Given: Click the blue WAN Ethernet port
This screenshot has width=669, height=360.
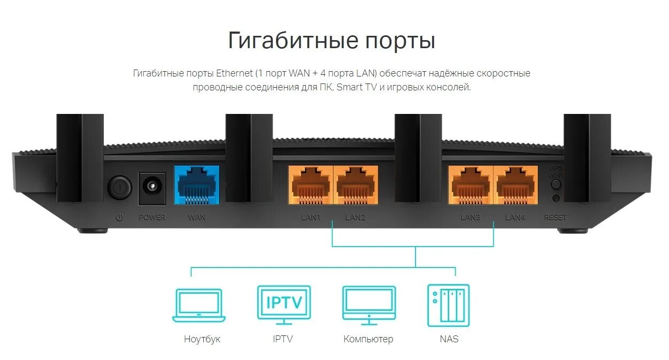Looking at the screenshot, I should pyautogui.click(x=196, y=185).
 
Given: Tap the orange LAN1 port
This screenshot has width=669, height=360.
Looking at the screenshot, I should pyautogui.click(x=311, y=185).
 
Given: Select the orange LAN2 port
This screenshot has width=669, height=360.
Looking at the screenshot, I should pyautogui.click(x=356, y=185).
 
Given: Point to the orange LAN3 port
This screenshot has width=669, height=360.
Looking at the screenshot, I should pyautogui.click(x=471, y=185).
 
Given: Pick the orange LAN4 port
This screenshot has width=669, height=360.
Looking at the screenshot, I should pyautogui.click(x=516, y=185).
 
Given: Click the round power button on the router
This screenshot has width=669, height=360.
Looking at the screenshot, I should pyautogui.click(x=119, y=187).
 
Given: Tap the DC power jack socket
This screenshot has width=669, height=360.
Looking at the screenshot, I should pyautogui.click(x=152, y=188).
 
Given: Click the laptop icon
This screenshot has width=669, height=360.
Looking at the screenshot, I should pyautogui.click(x=199, y=305).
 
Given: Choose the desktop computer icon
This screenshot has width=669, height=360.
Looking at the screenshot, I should pyautogui.click(x=368, y=305).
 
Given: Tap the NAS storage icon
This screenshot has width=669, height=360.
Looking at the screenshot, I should pyautogui.click(x=448, y=305).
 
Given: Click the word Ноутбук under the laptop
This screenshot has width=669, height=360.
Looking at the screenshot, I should pyautogui.click(x=202, y=339).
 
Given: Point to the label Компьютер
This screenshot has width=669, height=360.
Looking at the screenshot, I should pyautogui.click(x=368, y=339).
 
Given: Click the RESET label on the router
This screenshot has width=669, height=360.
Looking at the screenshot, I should pyautogui.click(x=555, y=218).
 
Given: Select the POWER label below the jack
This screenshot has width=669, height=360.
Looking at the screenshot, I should pyautogui.click(x=152, y=218).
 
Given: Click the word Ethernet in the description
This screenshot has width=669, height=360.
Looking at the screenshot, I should pyautogui.click(x=234, y=73).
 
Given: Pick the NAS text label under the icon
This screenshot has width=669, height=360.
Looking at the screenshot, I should pyautogui.click(x=449, y=339).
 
